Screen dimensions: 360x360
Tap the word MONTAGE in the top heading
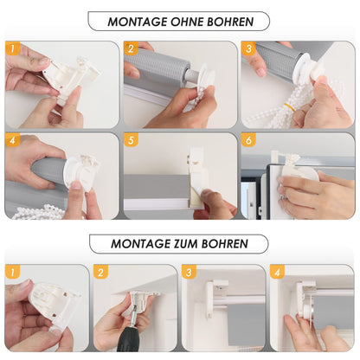coord(138,22)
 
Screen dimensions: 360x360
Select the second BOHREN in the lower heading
coord(225,244)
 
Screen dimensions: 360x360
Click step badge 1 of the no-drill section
coord(12,48)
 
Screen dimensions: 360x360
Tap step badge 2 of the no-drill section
coord(131,48)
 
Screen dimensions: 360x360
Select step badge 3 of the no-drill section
coord(248,48)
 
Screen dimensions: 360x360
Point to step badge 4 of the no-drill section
coord(12,140)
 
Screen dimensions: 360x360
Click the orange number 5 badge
coord(131,140)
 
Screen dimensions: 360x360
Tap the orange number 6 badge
coord(248,140)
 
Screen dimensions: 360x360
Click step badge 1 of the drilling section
coord(12,272)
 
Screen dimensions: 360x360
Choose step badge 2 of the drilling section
coord(100,272)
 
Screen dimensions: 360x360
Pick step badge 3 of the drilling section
coord(189,272)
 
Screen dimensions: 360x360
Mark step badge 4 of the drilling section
coord(277,272)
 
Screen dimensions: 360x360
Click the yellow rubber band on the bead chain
coord(290,107)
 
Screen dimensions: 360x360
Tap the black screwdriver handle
coord(128,339)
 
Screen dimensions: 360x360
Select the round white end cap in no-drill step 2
coord(207,74)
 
